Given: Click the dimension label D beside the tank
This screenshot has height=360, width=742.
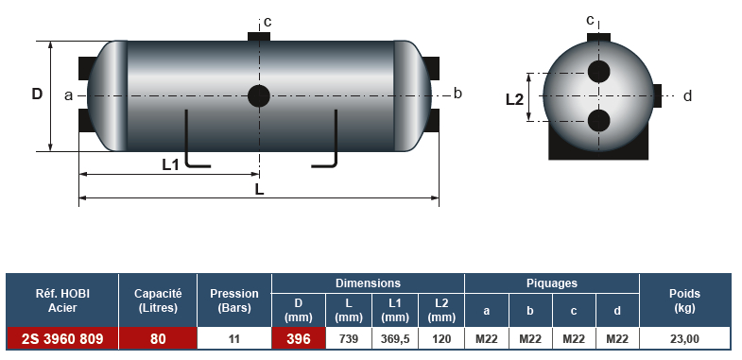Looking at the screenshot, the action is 37,94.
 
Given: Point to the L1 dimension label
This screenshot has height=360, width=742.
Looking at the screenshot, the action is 170,164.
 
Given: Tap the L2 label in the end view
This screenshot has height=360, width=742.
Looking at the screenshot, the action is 514,100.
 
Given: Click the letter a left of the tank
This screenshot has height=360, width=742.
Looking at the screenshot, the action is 69,95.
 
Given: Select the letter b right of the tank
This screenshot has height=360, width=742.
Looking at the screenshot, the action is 457,94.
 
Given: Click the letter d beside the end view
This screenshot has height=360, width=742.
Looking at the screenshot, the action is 687,96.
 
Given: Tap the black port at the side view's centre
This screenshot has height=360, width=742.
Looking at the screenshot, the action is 259,96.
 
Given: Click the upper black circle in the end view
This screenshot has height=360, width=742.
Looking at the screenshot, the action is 598,72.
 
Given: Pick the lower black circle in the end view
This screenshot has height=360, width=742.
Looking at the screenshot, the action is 598,121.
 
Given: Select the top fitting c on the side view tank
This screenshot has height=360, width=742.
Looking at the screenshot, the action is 259,37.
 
